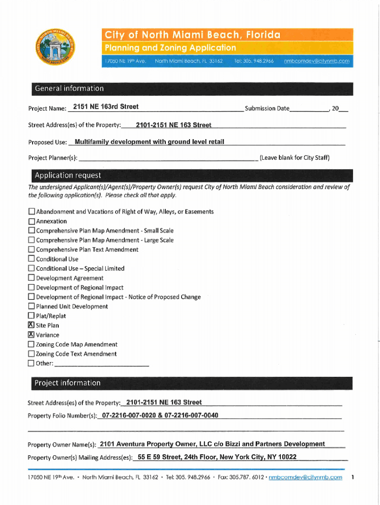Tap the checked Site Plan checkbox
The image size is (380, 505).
pos(32,325)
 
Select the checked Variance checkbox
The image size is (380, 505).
pos(32,335)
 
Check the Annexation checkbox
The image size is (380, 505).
pos(32,221)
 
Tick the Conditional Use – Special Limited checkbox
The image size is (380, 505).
pos(32,269)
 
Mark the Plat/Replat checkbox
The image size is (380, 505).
pos(32,316)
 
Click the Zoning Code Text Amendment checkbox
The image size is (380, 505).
pos(32,354)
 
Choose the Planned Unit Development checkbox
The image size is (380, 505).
pos(32,307)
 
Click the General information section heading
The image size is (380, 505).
pos(69,89)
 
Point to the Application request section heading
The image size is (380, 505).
pos(67,176)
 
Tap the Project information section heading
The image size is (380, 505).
pos(67,383)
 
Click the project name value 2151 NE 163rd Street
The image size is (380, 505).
pos(106,107)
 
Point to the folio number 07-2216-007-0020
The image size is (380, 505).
pos(129,415)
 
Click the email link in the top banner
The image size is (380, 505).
pos(317,61)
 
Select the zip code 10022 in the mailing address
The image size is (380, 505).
pos(287,457)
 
